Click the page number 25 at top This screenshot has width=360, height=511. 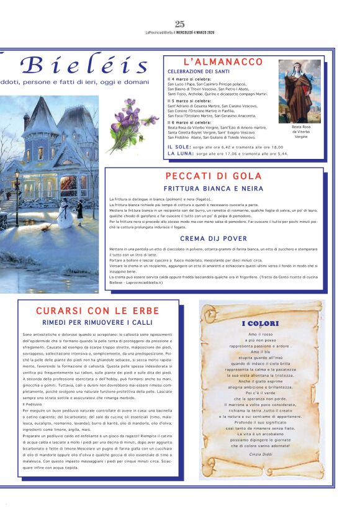point(180,24)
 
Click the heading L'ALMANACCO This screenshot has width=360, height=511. point(223,62)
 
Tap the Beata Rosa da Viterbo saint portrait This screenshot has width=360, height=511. point(299,91)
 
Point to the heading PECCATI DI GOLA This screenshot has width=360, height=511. point(214,176)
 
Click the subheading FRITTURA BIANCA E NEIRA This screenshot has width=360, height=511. point(214,188)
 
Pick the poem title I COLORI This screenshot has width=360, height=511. point(261,323)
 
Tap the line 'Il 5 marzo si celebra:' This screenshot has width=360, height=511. point(190,101)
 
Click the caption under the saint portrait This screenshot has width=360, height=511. point(300,131)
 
